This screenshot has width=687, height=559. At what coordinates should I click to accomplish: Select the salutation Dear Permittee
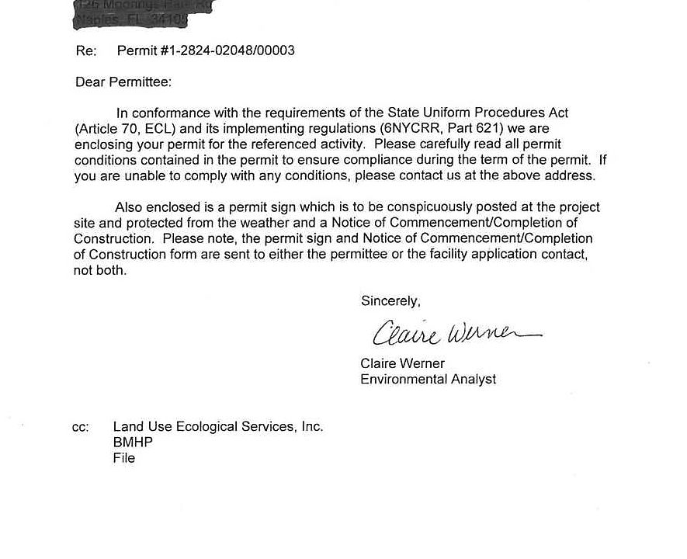click(123, 82)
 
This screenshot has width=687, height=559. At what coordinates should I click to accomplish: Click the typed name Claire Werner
click(402, 363)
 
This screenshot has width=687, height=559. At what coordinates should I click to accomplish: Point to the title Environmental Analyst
click(428, 380)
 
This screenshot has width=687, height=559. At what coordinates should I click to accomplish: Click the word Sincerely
click(390, 301)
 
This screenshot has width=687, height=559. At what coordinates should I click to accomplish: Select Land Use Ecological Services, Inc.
click(218, 427)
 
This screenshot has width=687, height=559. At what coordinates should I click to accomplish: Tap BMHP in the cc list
click(133, 443)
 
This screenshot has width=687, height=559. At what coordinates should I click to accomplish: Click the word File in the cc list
click(124, 458)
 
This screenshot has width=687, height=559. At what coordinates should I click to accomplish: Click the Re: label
click(86, 51)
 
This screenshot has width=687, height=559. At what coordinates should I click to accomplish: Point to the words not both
click(100, 271)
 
